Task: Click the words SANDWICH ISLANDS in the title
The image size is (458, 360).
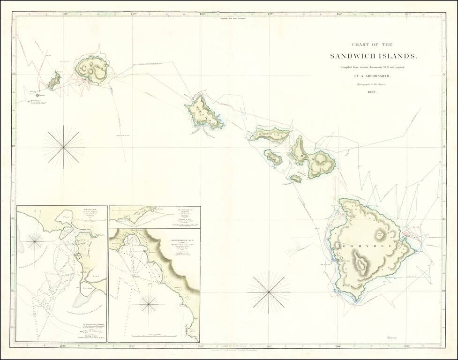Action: click(373, 56)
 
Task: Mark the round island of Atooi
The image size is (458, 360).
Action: click(92, 69)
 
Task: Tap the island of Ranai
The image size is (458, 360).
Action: click(273, 157)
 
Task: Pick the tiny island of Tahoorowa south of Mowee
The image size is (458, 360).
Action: click(295, 179)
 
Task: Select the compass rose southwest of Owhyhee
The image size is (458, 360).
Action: click(269, 292)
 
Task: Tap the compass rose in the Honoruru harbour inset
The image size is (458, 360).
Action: click(35, 241)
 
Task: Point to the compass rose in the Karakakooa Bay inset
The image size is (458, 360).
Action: click(149, 304)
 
